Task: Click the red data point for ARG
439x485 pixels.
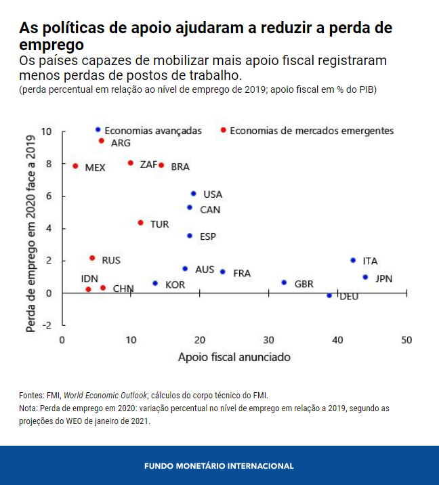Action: (102, 141)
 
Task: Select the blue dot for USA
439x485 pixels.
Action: (194, 194)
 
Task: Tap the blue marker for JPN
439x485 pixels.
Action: (365, 277)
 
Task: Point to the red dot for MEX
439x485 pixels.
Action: (75, 166)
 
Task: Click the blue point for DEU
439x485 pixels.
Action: (330, 295)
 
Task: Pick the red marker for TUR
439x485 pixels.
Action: (141, 223)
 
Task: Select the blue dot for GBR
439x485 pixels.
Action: (284, 282)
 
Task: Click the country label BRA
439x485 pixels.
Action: (180, 167)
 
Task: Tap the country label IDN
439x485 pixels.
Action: (89, 278)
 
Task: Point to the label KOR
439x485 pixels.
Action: (175, 284)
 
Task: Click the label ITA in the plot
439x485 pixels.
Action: (370, 261)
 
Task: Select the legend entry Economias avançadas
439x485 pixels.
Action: (153, 130)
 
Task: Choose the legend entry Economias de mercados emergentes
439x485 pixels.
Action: (312, 130)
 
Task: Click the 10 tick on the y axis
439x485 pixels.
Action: (46, 131)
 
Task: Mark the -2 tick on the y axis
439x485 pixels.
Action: (47, 325)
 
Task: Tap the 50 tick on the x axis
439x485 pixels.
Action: (406, 339)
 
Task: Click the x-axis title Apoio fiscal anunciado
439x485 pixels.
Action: (234, 356)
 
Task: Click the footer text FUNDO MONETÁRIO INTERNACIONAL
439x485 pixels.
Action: (219, 466)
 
